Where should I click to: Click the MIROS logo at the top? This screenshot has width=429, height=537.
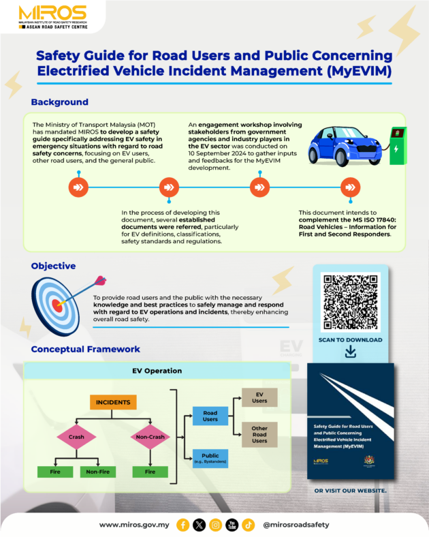[52, 14]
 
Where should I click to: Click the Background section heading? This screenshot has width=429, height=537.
[59, 102]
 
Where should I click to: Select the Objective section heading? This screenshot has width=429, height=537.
[53, 266]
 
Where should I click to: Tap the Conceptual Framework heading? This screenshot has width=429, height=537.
[86, 350]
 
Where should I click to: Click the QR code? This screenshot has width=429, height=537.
[350, 302]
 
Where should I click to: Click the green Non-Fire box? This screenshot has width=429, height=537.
[97, 471]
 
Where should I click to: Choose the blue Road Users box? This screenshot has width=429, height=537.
[210, 416]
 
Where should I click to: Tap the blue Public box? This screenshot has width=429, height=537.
[210, 458]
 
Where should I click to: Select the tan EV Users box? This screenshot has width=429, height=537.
[259, 397]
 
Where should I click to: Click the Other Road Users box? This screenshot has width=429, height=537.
[259, 434]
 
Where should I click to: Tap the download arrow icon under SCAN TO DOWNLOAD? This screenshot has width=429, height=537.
[351, 352]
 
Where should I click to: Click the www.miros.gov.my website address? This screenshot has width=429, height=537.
[133, 525]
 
